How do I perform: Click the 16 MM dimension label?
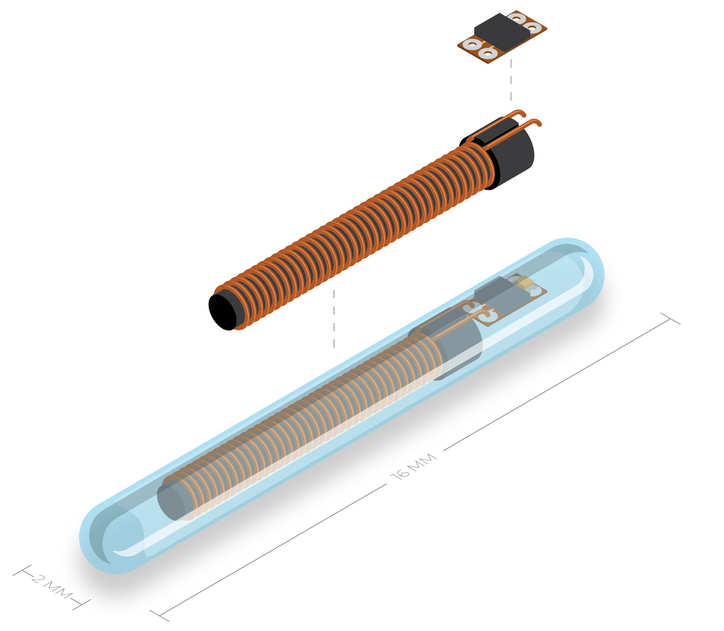coord(413,466)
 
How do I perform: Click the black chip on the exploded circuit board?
coord(502,30)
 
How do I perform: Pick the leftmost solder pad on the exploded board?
coord(472,44)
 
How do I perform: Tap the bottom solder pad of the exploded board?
coord(488,53)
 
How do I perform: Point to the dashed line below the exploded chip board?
coord(511,80)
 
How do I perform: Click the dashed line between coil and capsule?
coord(334,318)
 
